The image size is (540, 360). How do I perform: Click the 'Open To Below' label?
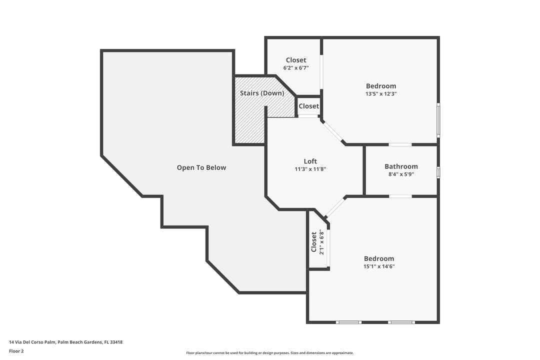point(201,168)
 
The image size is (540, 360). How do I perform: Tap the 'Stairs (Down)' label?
point(262,93)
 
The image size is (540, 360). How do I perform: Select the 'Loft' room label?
point(310,161)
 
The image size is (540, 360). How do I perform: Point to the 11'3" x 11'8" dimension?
point(310,169)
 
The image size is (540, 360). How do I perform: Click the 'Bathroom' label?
point(401,166)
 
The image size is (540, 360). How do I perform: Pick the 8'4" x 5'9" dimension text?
point(401,174)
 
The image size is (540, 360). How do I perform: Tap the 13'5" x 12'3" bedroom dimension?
point(381,94)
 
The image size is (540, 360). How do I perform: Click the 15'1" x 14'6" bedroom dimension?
point(379,266)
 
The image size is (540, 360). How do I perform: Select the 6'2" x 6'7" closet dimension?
point(296,68)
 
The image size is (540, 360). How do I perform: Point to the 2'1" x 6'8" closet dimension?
point(322,242)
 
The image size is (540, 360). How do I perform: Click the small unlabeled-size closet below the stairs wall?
point(308,106)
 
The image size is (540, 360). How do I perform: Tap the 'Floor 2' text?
point(16,351)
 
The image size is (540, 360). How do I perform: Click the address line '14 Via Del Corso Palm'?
point(65,342)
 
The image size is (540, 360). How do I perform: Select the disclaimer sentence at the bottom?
point(270,353)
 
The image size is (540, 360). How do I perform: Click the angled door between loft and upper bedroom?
point(333,132)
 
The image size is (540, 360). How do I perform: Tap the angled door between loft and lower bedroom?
point(335,207)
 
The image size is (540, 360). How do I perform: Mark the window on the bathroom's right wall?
point(438,172)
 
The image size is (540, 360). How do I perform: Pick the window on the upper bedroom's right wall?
point(438,120)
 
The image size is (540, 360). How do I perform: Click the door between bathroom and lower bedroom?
point(400,196)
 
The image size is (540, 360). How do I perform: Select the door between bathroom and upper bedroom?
point(400,144)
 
